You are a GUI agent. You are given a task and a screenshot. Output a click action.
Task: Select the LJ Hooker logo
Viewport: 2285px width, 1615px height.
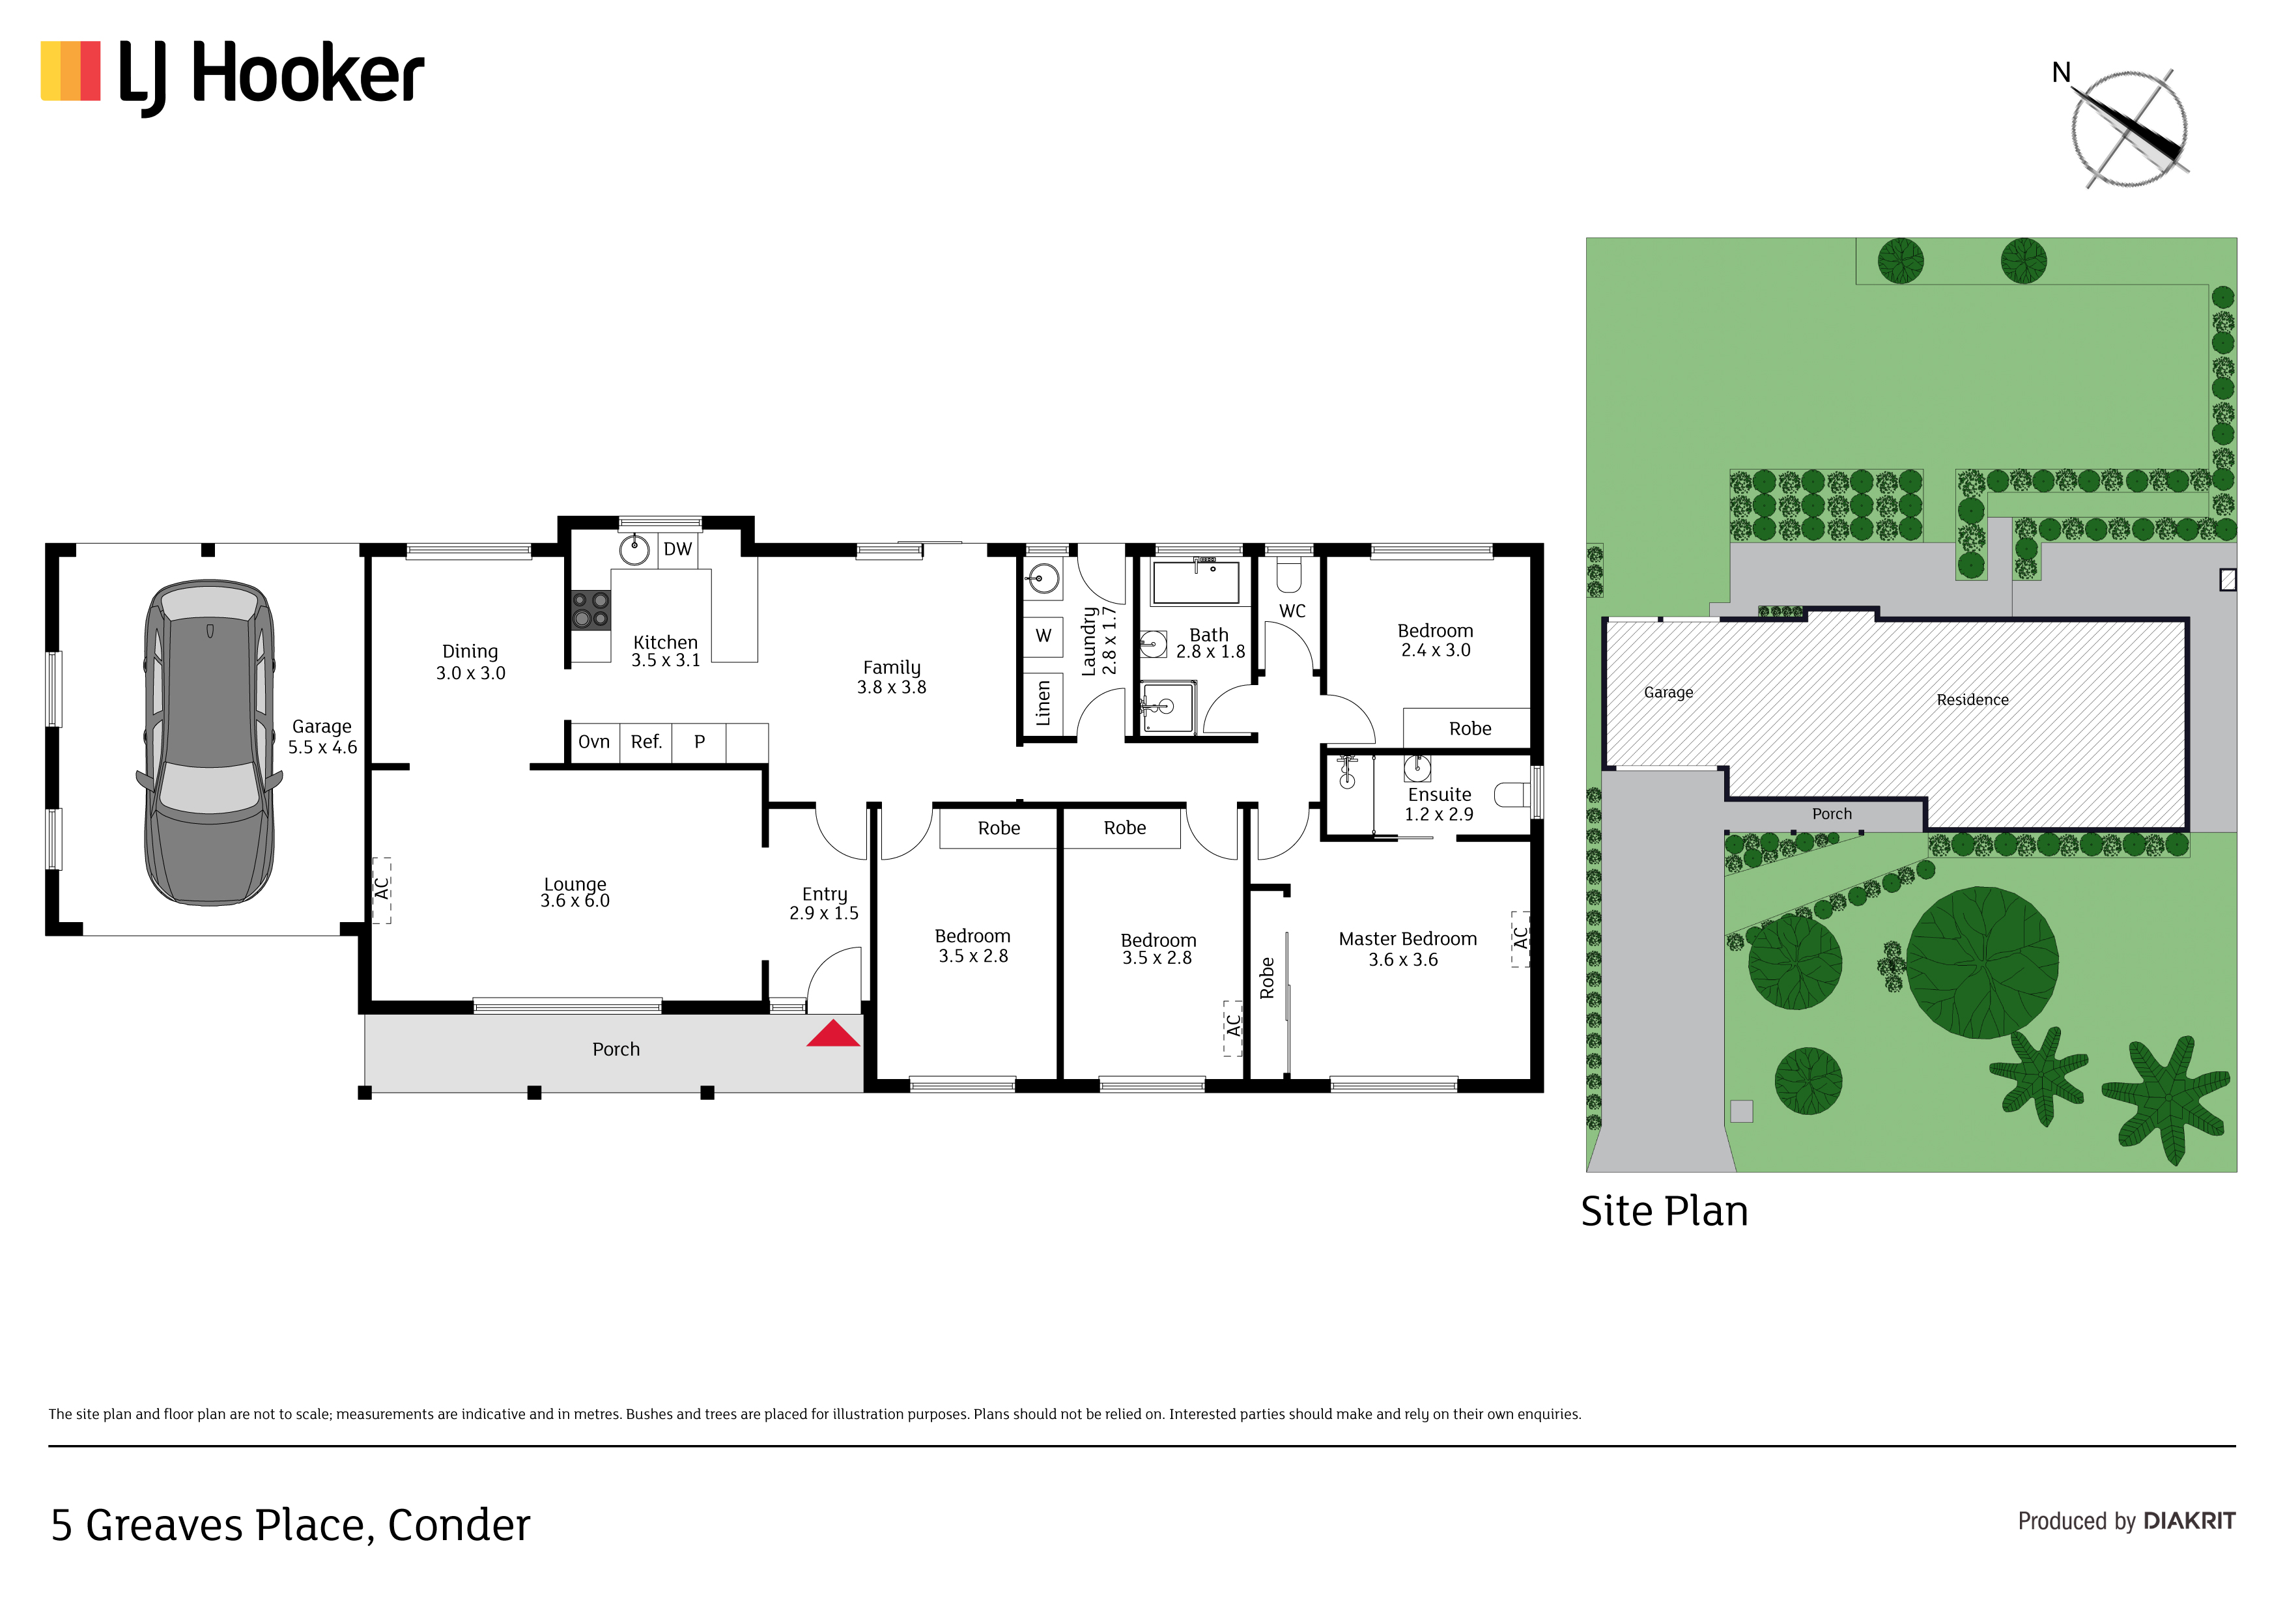pyautogui.click(x=232, y=77)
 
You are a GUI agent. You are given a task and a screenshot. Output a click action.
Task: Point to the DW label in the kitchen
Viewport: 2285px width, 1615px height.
pyautogui.click(x=677, y=549)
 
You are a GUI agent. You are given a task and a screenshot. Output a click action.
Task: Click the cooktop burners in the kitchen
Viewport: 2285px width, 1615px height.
pyautogui.click(x=590, y=610)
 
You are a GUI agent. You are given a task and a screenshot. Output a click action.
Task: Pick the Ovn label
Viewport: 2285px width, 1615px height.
pyautogui.click(x=594, y=742)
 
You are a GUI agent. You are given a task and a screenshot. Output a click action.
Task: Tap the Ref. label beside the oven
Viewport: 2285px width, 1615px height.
pyautogui.click(x=647, y=742)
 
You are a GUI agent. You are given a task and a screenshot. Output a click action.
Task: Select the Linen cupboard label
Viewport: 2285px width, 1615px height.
pyautogui.click(x=1043, y=703)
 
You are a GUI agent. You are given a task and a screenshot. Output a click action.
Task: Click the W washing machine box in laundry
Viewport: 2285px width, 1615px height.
pyautogui.click(x=1043, y=636)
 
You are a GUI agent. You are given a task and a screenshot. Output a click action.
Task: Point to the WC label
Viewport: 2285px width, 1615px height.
pyautogui.click(x=1292, y=611)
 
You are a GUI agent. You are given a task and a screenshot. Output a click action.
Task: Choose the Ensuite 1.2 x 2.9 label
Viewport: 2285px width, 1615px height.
pyautogui.click(x=1439, y=804)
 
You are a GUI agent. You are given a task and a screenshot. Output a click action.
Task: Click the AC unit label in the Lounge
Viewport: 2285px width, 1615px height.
pyautogui.click(x=381, y=889)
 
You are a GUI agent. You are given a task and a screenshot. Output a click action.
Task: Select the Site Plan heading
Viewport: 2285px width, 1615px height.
pyautogui.click(x=1664, y=1212)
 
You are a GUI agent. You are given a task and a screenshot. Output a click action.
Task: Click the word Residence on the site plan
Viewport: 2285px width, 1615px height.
pyautogui.click(x=1972, y=699)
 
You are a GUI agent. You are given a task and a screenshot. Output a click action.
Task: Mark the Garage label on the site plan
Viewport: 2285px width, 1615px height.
pyautogui.click(x=1668, y=693)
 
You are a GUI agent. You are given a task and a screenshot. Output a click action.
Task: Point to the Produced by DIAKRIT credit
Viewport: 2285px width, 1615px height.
pyautogui.click(x=2127, y=1521)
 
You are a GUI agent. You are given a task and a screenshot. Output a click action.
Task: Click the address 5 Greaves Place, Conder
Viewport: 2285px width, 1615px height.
pyautogui.click(x=291, y=1525)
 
